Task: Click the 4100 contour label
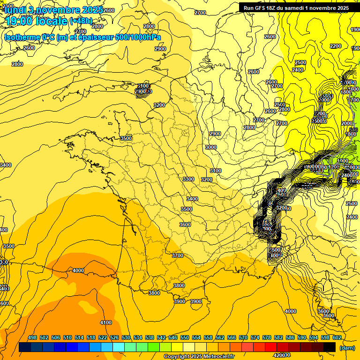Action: pos(106,322)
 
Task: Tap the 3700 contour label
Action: pos(178,255)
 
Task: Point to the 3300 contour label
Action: pos(188,179)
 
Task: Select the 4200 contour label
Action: pos(281,355)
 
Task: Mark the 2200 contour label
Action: pos(336,46)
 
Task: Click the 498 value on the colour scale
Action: pos(32,337)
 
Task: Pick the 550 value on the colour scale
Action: pos(185,337)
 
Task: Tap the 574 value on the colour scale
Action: pos(255,337)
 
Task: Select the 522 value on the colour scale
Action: pos(103,337)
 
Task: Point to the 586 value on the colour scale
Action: pos(290,337)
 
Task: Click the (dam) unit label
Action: pos(347,348)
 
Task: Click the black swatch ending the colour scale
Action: pos(330,347)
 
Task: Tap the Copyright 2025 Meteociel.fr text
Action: pos(199,357)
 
